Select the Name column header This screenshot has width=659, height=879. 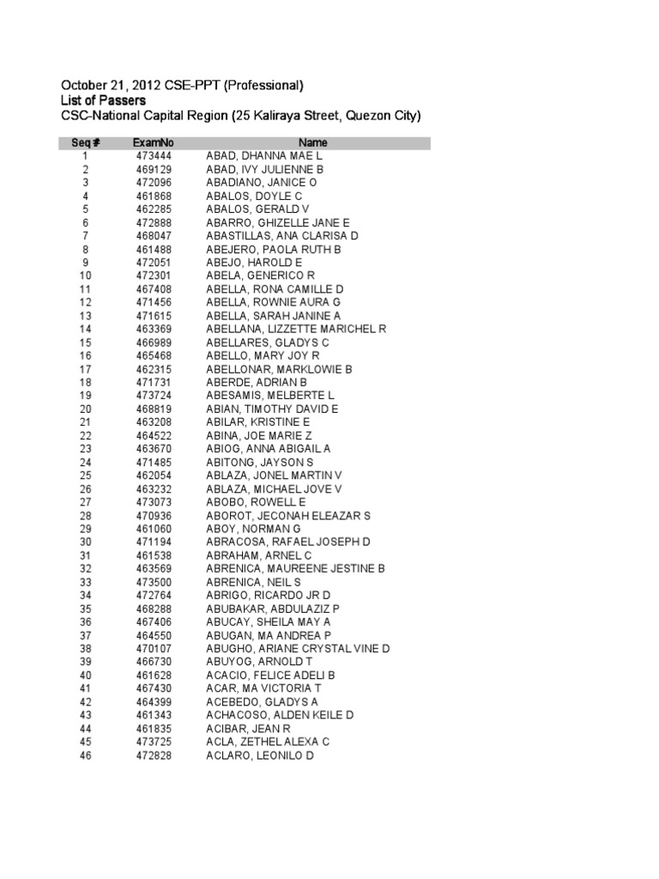[x=312, y=142]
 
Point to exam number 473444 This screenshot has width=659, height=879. [x=154, y=155]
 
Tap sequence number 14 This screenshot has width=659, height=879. [x=85, y=329]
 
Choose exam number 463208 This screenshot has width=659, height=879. [x=154, y=422]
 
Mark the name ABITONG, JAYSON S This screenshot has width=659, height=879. [x=263, y=462]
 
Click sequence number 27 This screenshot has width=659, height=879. [x=85, y=501]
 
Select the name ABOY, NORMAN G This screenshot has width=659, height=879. [x=253, y=528]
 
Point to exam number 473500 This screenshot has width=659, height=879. [x=154, y=581]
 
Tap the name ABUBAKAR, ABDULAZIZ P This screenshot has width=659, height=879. [x=274, y=608]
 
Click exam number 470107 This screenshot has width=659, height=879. [x=154, y=648]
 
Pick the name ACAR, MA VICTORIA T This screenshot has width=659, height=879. [x=263, y=688]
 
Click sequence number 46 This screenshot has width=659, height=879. [x=85, y=755]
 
